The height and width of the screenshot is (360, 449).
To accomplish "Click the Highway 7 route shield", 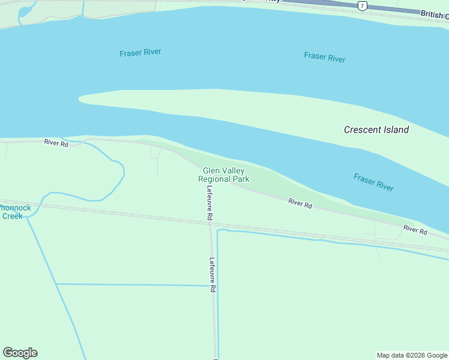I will [x=361, y=6].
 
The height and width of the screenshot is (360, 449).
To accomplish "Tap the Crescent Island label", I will [x=376, y=130].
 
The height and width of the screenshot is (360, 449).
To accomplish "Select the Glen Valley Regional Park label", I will [x=223, y=175].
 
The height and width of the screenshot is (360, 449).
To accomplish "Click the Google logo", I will [x=20, y=353].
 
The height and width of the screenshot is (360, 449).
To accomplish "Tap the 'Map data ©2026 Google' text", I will [x=412, y=355].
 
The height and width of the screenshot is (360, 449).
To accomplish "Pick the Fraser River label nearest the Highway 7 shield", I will [x=324, y=57].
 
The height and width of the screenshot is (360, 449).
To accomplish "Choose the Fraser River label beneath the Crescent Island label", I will [x=373, y=182].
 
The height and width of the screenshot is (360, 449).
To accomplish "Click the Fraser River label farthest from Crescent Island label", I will [x=140, y=53].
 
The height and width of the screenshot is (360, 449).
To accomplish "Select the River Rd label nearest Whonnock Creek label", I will [x=56, y=142].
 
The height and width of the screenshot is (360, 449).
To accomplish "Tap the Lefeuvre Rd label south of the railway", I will [x=212, y=275].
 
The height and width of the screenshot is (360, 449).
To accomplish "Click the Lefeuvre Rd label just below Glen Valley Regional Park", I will [x=209, y=203].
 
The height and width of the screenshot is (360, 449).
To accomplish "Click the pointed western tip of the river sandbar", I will [x=80, y=97].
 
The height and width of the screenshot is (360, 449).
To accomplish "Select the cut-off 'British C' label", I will [x=434, y=14].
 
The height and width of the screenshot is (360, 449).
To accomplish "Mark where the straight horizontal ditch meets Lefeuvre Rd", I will [x=212, y=286].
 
